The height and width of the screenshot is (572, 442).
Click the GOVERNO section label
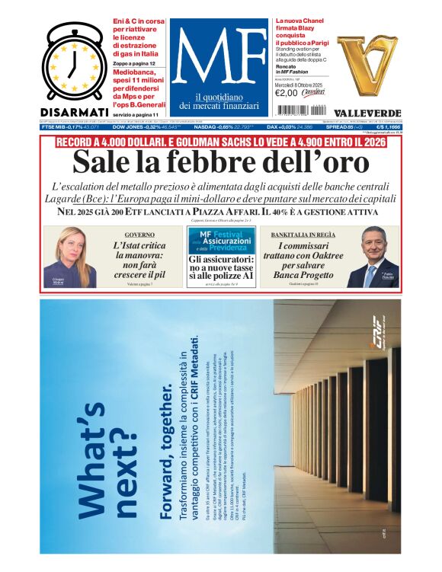(139, 235)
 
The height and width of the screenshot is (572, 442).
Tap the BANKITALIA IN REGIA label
(304, 235)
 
